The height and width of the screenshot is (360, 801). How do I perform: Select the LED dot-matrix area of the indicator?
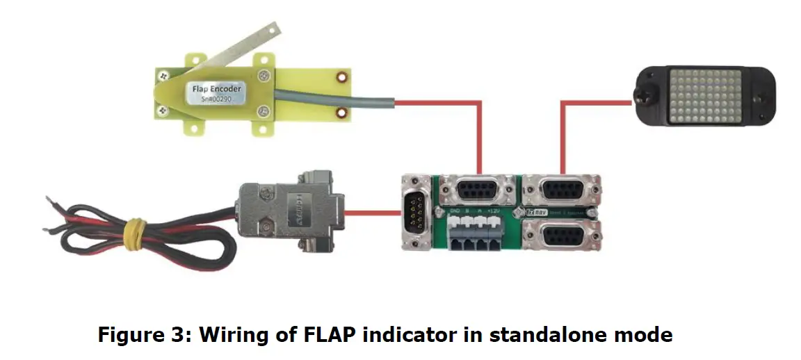point(704,95)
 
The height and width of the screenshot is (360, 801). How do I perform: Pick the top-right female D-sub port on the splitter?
point(562,190)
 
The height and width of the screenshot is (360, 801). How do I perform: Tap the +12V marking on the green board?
point(494,210)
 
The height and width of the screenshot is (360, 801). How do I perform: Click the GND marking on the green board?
point(455,210)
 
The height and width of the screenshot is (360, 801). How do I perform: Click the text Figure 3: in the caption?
point(143,335)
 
